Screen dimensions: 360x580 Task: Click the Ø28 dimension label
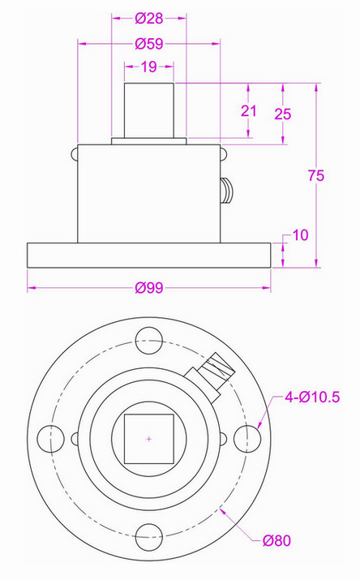[x=148, y=18]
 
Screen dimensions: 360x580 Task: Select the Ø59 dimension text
[x=148, y=44]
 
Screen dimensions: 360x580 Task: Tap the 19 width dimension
[x=148, y=67]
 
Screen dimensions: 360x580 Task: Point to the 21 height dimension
[x=248, y=110]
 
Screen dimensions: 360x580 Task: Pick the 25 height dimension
[x=283, y=114]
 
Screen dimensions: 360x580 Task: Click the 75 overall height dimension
[x=316, y=175]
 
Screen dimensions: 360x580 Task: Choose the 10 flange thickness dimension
[x=300, y=235]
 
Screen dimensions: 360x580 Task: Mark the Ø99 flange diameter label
[x=148, y=288]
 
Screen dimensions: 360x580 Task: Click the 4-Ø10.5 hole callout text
[x=312, y=397]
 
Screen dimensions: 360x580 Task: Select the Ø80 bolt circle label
[x=276, y=540]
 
